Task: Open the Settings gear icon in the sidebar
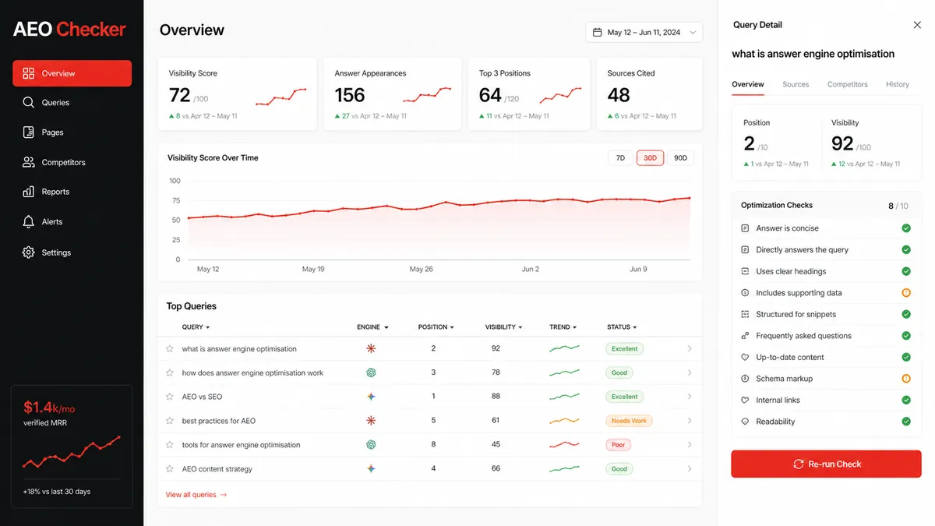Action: coord(28,252)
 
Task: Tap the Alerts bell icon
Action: coord(28,221)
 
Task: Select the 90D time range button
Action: coord(680,157)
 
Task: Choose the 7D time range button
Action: coord(620,157)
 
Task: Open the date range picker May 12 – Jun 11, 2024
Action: coord(644,32)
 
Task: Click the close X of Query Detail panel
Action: coord(916,25)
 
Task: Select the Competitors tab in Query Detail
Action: coord(848,84)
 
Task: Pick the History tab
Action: coord(898,84)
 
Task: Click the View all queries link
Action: coord(196,495)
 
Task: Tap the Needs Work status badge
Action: coord(629,421)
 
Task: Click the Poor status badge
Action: coord(618,445)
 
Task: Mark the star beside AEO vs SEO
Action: coord(170,397)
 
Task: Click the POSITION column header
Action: coord(436,327)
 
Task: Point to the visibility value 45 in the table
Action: coord(496,444)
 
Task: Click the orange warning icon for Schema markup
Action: coord(905,379)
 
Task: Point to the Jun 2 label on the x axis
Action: coord(530,270)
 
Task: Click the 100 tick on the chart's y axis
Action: coord(175,181)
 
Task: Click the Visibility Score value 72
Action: coord(179,95)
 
